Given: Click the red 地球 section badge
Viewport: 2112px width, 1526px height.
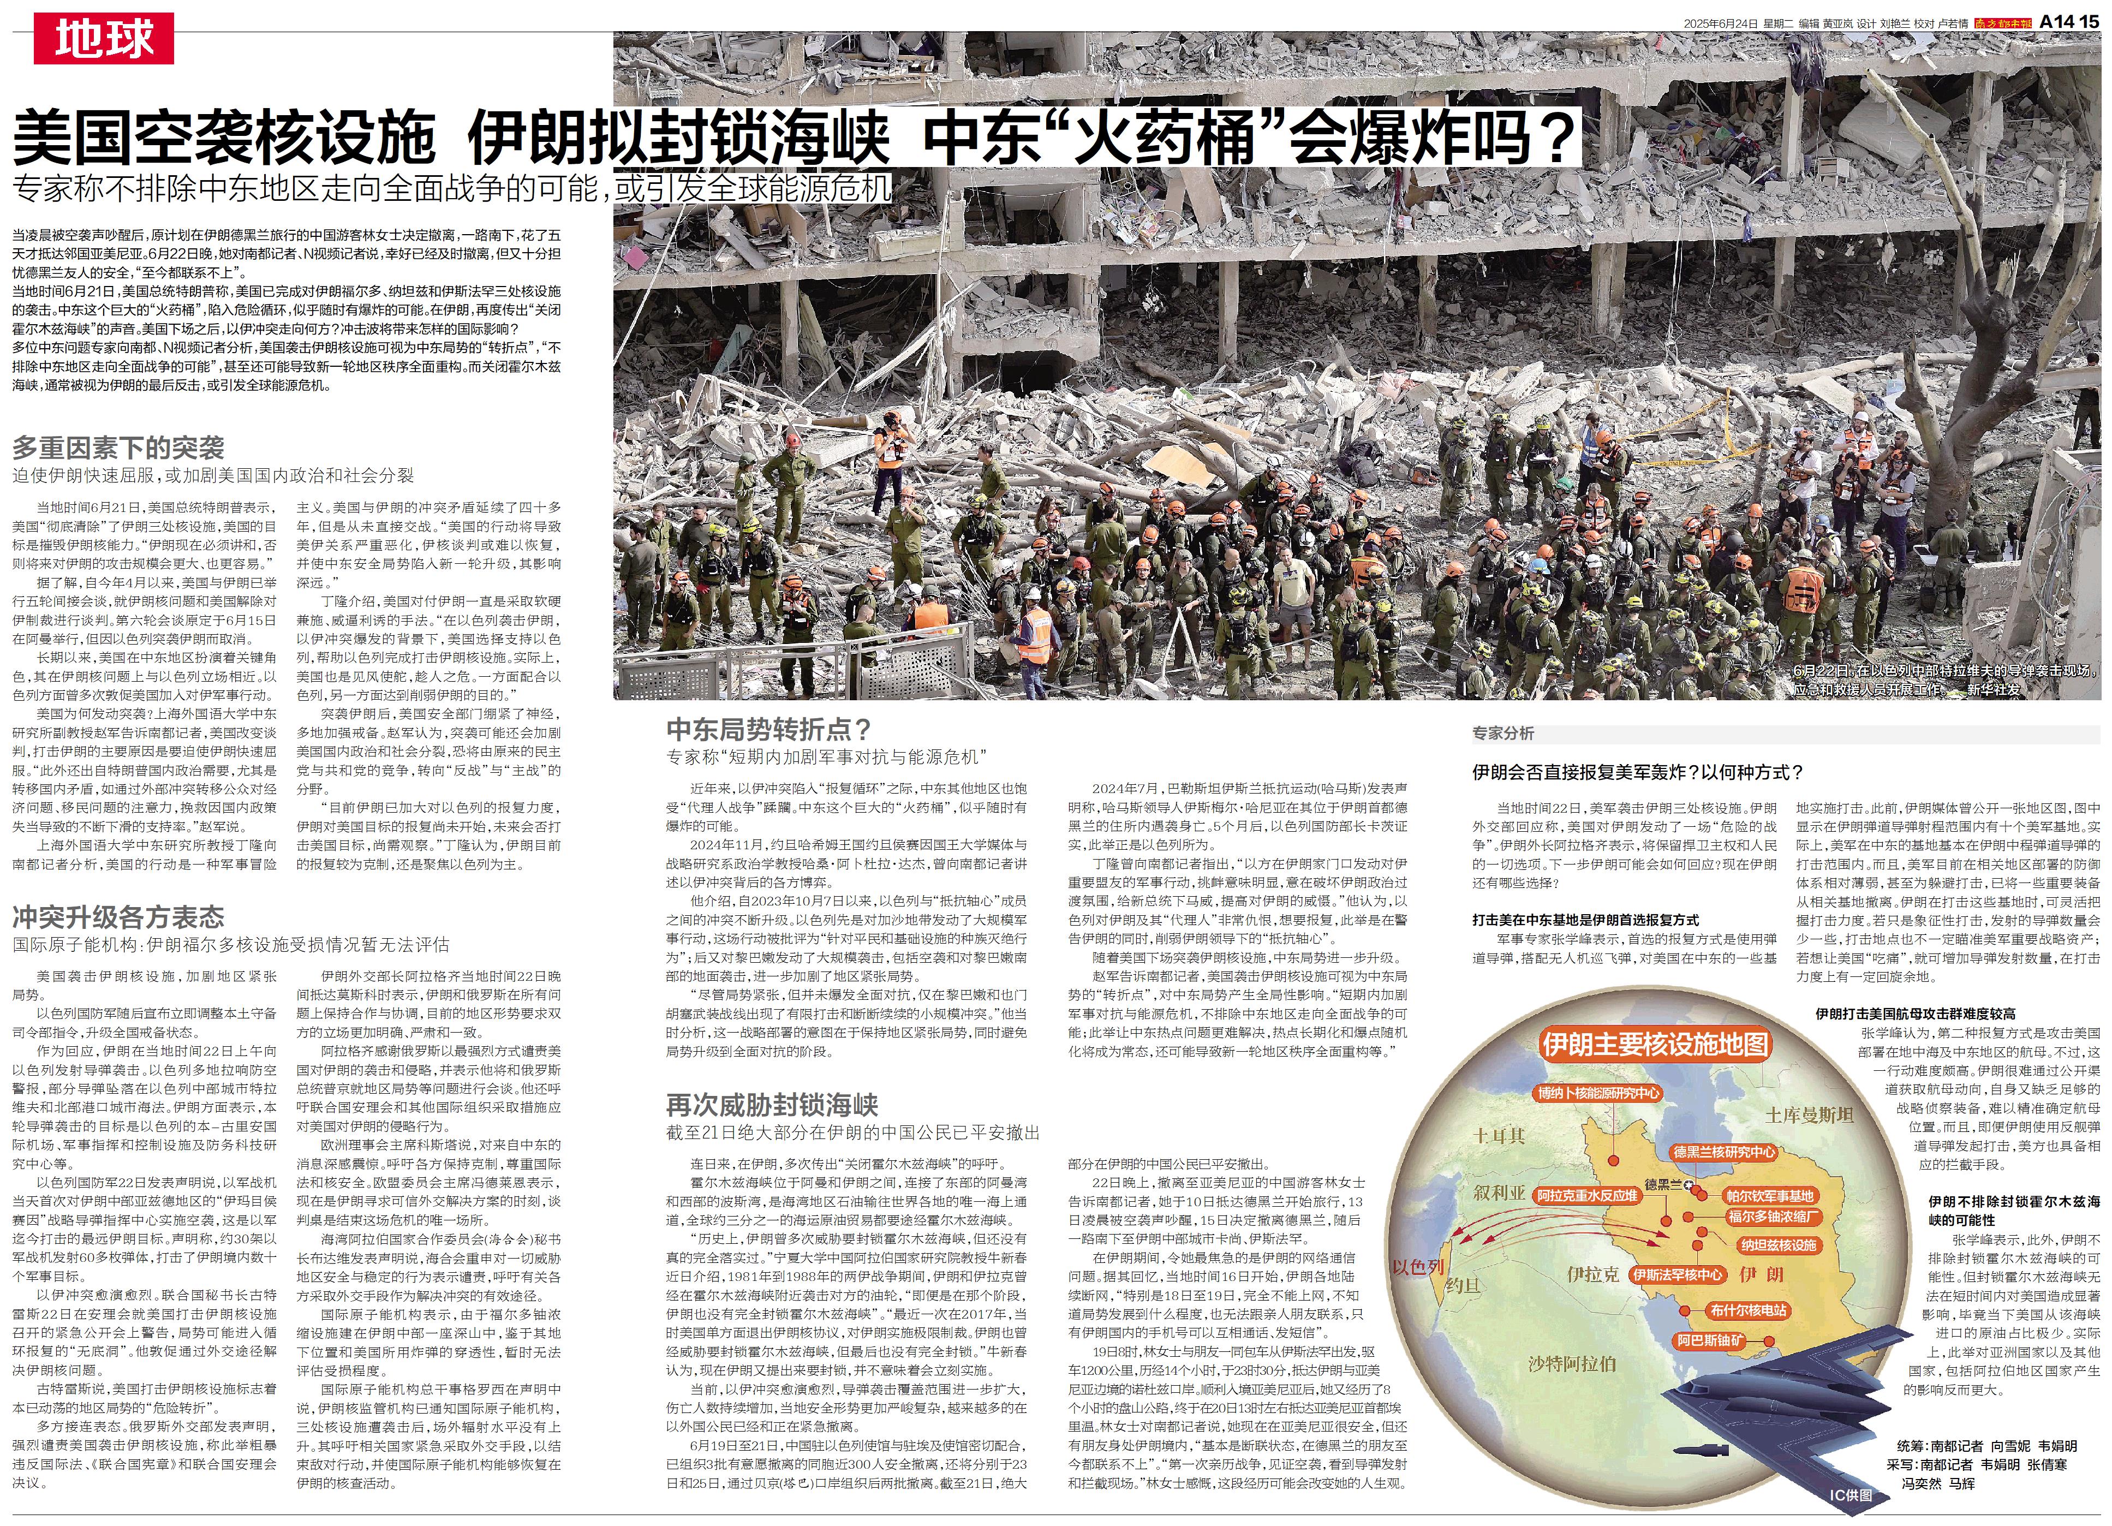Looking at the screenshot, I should click(x=103, y=39).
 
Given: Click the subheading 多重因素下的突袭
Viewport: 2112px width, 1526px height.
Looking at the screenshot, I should click(x=118, y=448).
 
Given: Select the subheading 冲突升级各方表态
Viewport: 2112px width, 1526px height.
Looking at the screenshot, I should click(x=118, y=917).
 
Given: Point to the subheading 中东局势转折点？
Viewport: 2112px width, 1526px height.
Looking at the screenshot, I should click(x=768, y=729).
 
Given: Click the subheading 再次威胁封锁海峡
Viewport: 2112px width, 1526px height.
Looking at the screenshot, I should click(x=772, y=1105).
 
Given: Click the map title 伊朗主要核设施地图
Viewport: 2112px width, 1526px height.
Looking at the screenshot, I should click(x=1655, y=1044).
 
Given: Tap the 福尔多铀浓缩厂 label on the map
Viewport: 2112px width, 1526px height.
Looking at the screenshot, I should click(x=1774, y=1216).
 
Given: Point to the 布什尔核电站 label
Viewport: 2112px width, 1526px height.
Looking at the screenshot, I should click(x=1748, y=1310).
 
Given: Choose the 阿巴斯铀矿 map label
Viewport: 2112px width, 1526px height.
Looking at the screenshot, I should click(x=1710, y=1341).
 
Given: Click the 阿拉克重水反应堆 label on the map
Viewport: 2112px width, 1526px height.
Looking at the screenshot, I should click(x=1587, y=1195).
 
